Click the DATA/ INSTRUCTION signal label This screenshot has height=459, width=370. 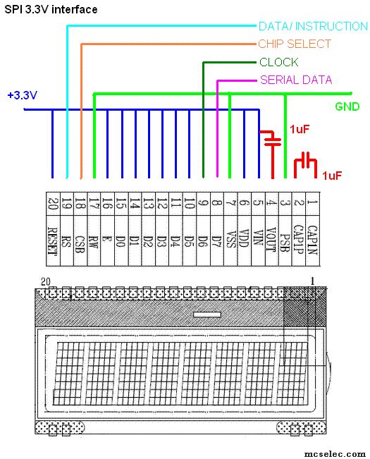tap(313, 26)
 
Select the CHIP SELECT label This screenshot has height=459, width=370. tap(295, 44)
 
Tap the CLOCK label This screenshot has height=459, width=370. tap(279, 62)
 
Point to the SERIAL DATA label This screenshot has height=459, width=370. tap(296, 80)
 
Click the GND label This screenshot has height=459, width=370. tap(347, 106)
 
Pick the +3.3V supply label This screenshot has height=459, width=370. tap(23, 95)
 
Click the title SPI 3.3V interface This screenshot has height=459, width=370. tap(51, 9)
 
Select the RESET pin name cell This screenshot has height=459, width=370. tap(53, 240)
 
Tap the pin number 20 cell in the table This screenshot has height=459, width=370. tap(53, 204)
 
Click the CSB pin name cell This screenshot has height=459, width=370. tap(80, 240)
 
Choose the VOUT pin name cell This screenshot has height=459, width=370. tap(272, 240)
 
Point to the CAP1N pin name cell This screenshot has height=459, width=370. tap(313, 240)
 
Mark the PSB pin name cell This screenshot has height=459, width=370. tap(285, 240)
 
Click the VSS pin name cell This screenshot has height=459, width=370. tap(230, 240)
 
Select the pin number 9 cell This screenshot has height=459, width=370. tap(204, 204)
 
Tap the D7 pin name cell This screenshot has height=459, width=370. tap(217, 240)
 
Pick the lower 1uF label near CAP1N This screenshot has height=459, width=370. tap(332, 176)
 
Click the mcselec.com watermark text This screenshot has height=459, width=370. tap(335, 454)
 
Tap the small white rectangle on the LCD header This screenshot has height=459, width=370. tap(207, 314)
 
